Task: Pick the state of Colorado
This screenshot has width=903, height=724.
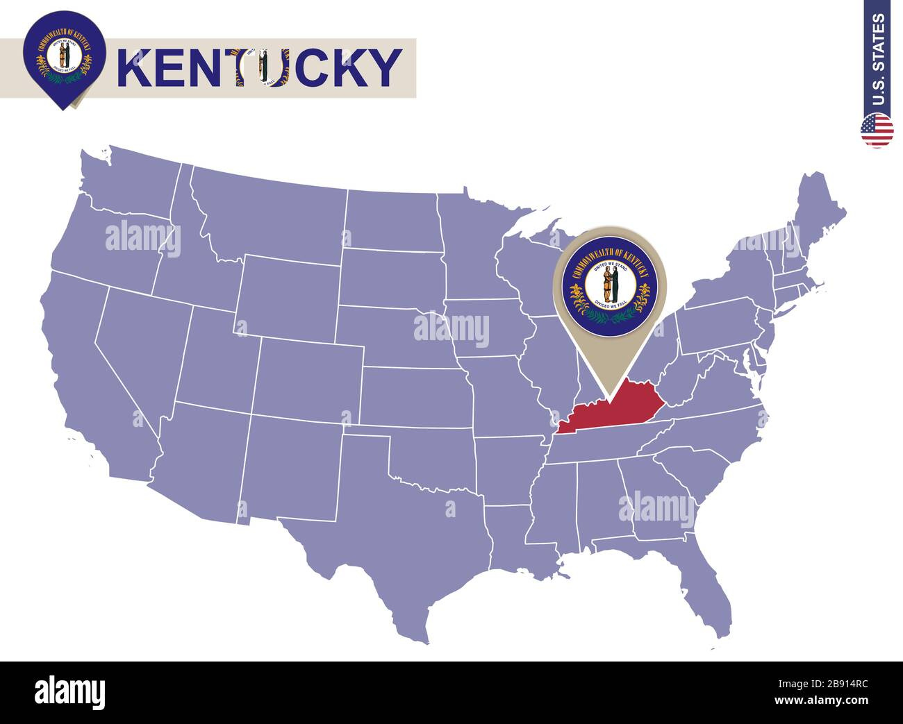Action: point(309,378)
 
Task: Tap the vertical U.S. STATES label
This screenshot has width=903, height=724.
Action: point(878,59)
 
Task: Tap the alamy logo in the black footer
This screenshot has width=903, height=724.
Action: point(69,692)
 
